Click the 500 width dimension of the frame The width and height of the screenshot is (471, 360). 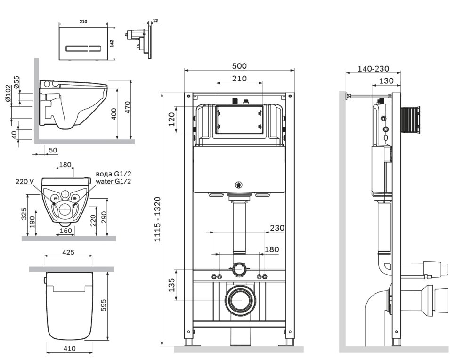point(239,66)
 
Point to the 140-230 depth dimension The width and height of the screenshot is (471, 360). point(374,69)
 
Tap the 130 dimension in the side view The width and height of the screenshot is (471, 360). point(386,80)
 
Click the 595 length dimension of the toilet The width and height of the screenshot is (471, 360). point(103,305)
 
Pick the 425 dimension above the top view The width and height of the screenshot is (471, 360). point(68,252)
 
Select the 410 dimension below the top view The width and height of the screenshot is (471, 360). point(69,349)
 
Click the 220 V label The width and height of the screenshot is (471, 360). point(24,182)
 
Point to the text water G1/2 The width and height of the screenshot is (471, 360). point(114,182)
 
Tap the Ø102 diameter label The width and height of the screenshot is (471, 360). point(8,93)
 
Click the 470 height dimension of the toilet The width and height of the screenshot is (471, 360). point(128,107)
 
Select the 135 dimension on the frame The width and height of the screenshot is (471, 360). point(171,285)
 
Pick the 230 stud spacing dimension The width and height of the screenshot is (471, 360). point(277,228)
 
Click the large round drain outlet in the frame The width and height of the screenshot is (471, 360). point(240,300)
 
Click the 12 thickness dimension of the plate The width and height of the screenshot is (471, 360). point(155,21)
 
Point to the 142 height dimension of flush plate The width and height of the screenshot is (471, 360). point(112,43)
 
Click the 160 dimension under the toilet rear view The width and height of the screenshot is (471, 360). point(66,231)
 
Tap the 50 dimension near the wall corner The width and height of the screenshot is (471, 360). point(53,150)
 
